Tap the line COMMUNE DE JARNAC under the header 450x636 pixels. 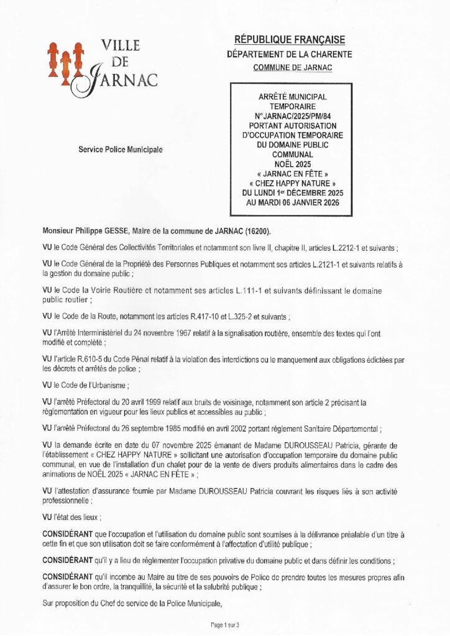click(x=292, y=67)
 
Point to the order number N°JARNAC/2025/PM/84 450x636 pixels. click(x=292, y=116)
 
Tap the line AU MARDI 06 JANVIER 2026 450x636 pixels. click(x=292, y=202)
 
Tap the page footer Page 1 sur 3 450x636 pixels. click(x=225, y=625)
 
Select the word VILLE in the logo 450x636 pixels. click(x=119, y=45)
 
